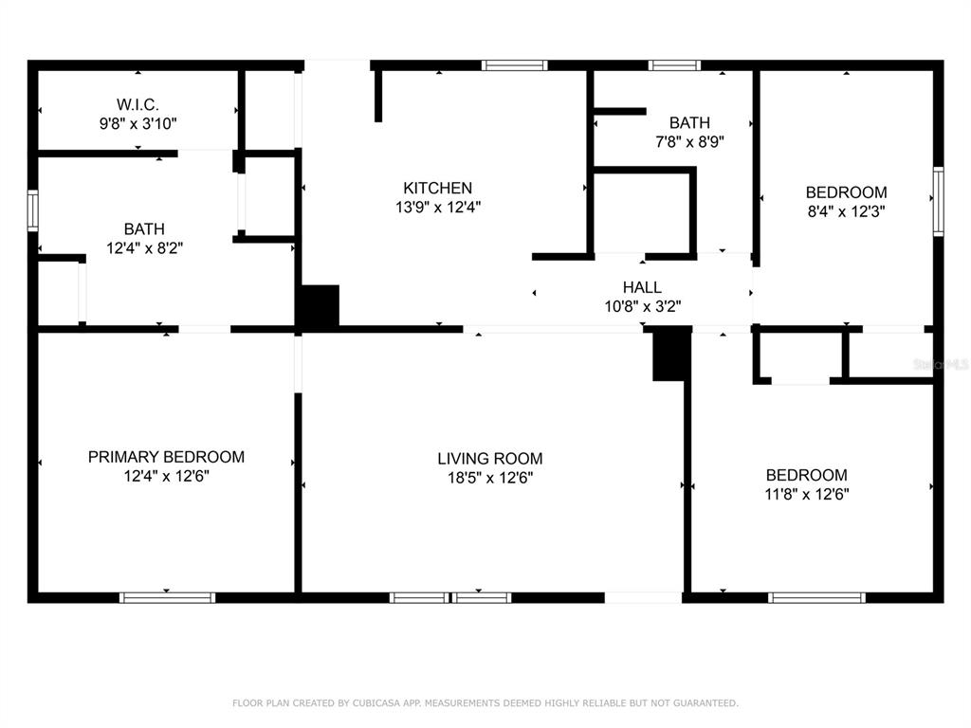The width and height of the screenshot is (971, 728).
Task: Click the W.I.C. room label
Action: coord(137,104)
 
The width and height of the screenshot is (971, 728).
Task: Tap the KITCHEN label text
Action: coord(438,188)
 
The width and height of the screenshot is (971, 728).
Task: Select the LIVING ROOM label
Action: coord(490,459)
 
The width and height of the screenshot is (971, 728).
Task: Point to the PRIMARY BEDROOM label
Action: coord(166,457)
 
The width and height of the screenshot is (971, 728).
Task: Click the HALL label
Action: coord(642,287)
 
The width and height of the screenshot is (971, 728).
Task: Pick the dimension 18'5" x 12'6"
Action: coord(490,478)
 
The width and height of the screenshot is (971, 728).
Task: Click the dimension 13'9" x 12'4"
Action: coord(438,207)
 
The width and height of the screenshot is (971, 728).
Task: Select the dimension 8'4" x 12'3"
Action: coord(846,211)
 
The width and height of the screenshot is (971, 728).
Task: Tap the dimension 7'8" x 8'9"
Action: coord(689,142)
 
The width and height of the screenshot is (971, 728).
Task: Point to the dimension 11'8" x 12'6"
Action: coord(806,494)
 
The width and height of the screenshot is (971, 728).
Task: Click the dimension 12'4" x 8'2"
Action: coord(144,248)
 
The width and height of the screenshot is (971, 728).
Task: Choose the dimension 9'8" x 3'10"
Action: coord(137,123)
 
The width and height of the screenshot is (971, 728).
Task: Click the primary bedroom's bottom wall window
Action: coord(167,597)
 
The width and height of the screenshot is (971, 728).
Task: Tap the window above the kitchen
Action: coord(514,65)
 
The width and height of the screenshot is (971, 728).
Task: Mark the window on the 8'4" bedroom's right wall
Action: coord(938,201)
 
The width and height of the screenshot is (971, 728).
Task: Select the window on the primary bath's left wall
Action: coord(33,210)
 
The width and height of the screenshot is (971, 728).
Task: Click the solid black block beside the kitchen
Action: coord(320,306)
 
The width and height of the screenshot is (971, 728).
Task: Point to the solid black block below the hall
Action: coord(672,355)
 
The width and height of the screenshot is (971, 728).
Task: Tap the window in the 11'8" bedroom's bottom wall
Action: coord(816,597)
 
